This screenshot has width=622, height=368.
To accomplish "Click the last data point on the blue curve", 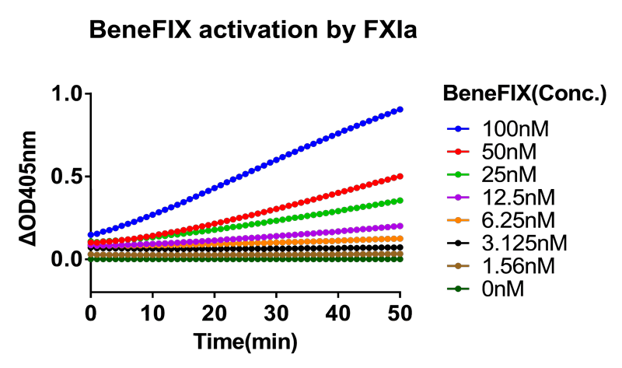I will (x=400, y=110).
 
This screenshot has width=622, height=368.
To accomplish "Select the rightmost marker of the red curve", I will (x=400, y=177).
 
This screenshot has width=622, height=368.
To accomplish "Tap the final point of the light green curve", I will (x=400, y=200).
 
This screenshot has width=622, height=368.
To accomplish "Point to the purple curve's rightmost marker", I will (x=400, y=226).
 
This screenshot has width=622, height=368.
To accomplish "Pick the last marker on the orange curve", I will (x=400, y=239).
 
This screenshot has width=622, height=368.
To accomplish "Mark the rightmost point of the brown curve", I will (x=400, y=254).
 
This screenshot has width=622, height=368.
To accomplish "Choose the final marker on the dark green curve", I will (x=400, y=258).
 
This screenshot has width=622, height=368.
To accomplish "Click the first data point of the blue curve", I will (x=91, y=234).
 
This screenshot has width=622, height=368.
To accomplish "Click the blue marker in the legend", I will (x=458, y=128).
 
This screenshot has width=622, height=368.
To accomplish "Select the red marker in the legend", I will (x=458, y=152).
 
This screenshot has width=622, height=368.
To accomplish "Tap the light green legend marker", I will (x=458, y=174).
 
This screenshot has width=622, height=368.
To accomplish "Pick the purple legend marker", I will (x=458, y=198).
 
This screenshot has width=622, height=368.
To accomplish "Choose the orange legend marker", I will (x=458, y=220).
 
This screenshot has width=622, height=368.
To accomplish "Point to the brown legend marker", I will (x=458, y=266).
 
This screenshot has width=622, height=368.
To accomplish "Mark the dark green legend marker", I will (x=458, y=289).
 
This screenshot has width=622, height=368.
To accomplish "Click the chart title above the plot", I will (x=253, y=30).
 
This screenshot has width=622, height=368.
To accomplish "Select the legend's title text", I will (x=524, y=93).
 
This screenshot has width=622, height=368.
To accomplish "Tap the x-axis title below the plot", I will (x=246, y=341).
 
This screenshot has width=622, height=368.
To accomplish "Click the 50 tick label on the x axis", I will (x=400, y=314).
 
